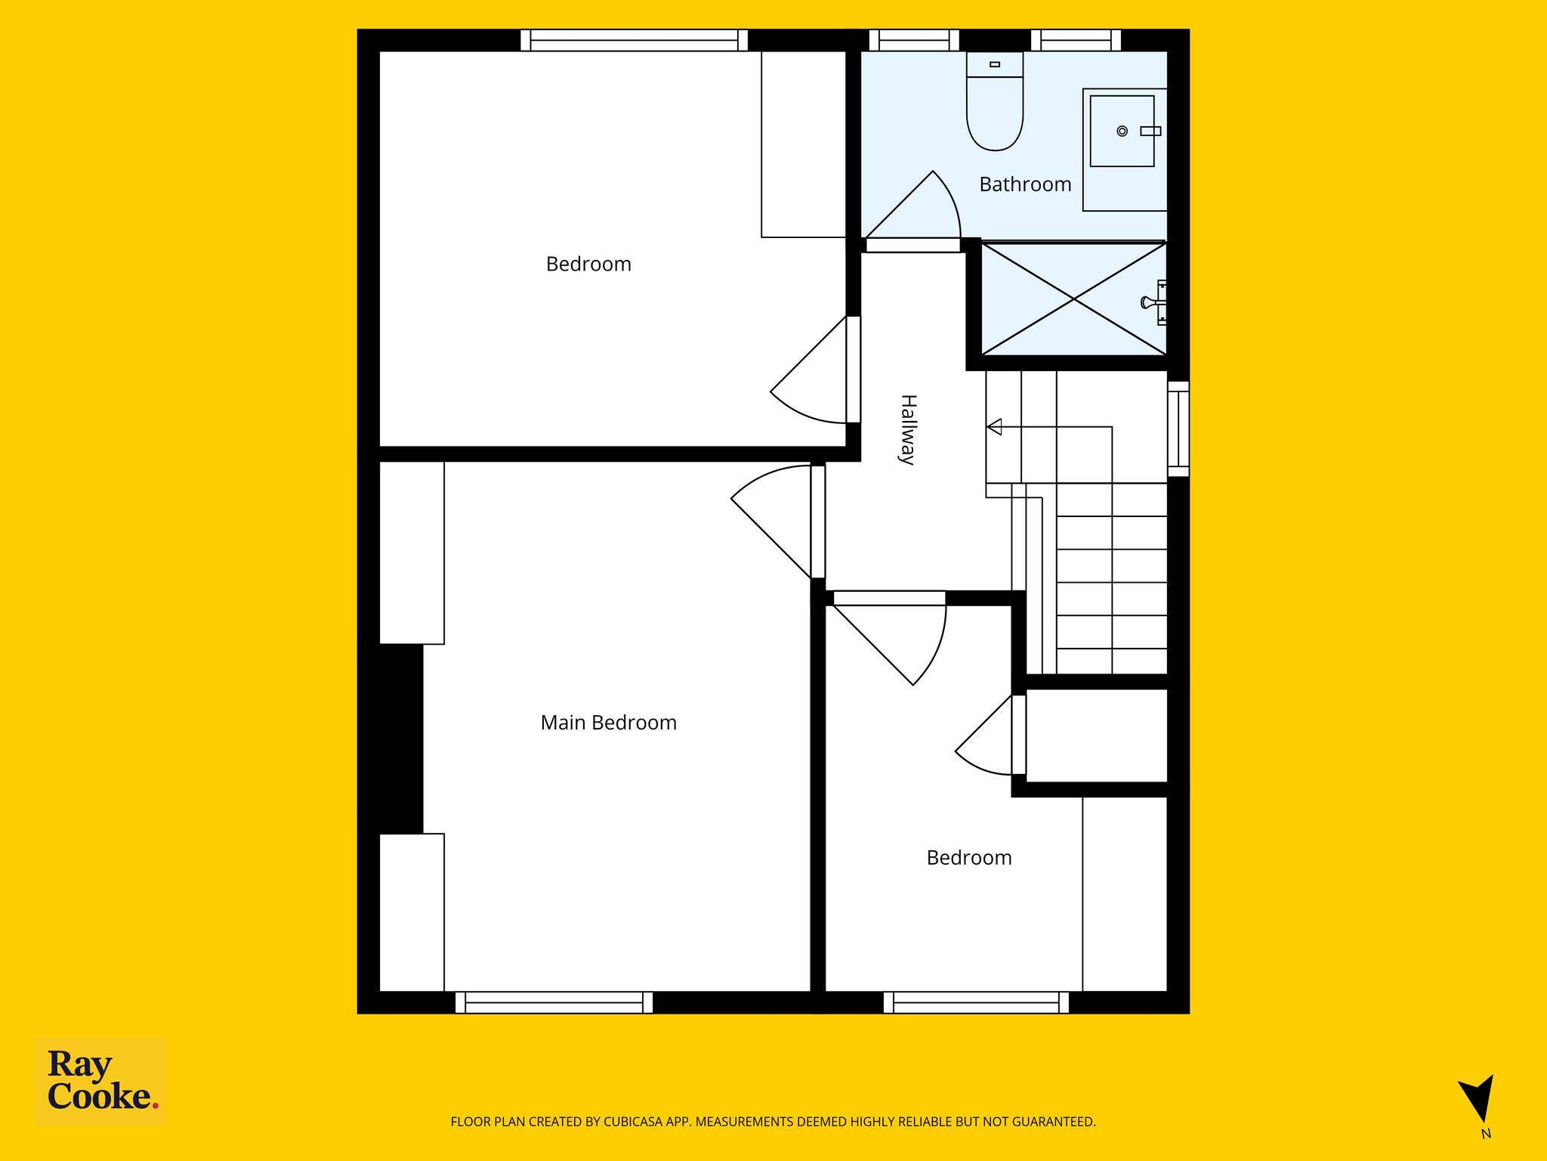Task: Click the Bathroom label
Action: [1025, 184]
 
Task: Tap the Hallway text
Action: [908, 429]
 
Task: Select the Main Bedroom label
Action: [608, 723]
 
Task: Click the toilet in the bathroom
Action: [995, 101]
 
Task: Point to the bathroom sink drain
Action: [1122, 132]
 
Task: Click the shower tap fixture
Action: [1154, 302]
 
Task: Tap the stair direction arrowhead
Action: [994, 427]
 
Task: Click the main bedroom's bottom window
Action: [554, 1002]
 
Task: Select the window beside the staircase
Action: [1178, 429]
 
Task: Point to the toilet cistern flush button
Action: [995, 64]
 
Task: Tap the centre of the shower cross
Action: [1074, 299]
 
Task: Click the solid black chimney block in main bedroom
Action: [400, 738]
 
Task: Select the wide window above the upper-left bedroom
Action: [635, 40]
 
